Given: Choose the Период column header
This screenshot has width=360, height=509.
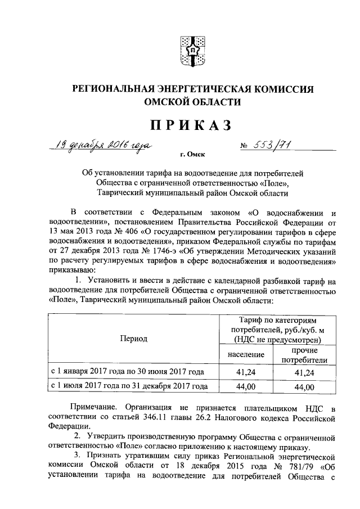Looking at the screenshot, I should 133,339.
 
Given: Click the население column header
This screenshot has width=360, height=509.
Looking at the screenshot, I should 247,355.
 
